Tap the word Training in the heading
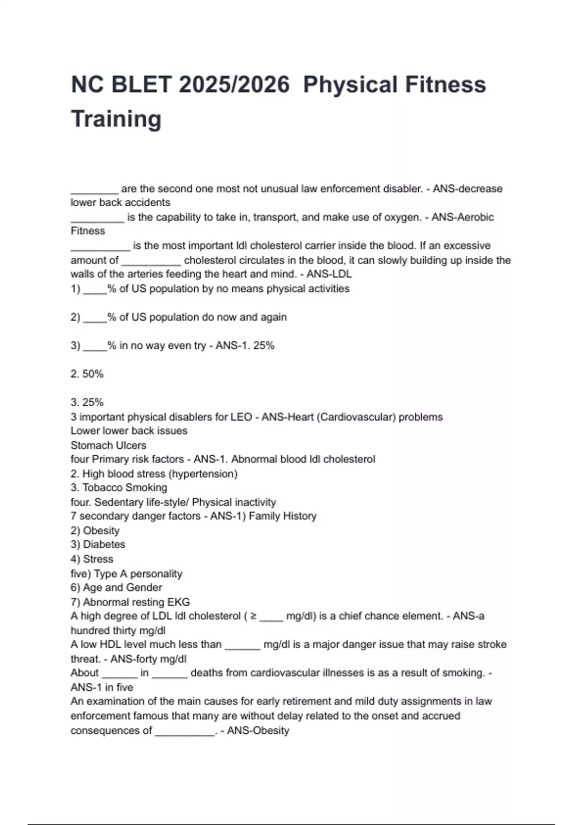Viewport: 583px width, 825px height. pyautogui.click(x=116, y=119)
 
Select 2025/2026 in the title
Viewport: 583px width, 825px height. pyautogui.click(x=234, y=84)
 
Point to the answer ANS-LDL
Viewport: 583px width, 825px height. pyautogui.click(x=329, y=274)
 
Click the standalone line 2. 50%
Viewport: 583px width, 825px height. pyautogui.click(x=87, y=374)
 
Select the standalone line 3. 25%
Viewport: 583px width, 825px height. pyautogui.click(x=87, y=402)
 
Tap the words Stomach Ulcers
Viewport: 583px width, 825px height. pyautogui.click(x=108, y=445)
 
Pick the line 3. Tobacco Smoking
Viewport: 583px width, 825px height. pyautogui.click(x=119, y=488)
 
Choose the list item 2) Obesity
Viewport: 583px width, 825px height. pyautogui.click(x=95, y=530)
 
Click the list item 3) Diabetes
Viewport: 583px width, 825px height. pyautogui.click(x=98, y=544)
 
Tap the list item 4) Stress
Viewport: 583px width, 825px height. pyautogui.click(x=92, y=559)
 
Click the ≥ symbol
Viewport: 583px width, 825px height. pyautogui.click(x=253, y=616)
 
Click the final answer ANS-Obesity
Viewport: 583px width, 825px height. pyautogui.click(x=257, y=731)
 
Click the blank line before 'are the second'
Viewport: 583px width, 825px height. pyautogui.click(x=94, y=190)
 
